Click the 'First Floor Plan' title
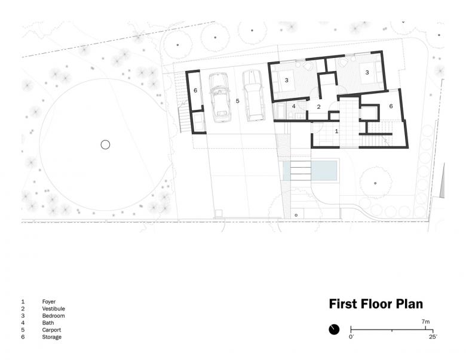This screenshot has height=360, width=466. point(376,304)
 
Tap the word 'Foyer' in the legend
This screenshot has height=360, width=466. point(49,301)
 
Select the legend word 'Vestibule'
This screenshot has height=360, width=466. point(54,309)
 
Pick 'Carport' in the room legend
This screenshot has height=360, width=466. point(51,330)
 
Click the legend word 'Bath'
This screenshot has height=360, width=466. point(48,323)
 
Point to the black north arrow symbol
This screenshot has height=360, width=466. point(334,330)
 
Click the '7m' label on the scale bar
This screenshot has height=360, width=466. point(425,322)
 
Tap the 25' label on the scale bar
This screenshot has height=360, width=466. point(433,337)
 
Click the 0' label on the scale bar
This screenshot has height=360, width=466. point(351,337)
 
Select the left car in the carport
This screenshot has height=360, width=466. point(220,97)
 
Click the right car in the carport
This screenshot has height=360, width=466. point(253,96)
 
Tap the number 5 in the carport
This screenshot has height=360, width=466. point(237,101)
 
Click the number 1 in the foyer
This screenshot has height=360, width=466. point(336,131)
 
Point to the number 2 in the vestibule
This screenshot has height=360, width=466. point(318,107)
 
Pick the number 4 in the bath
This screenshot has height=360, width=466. point(293,106)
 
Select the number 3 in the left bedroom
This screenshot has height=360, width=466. point(287,80)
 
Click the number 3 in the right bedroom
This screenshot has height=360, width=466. point(367,72)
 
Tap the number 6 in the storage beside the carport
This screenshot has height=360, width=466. point(195,90)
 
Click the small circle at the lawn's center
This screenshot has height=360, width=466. point(105,144)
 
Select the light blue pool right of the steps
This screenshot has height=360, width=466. point(324,171)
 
